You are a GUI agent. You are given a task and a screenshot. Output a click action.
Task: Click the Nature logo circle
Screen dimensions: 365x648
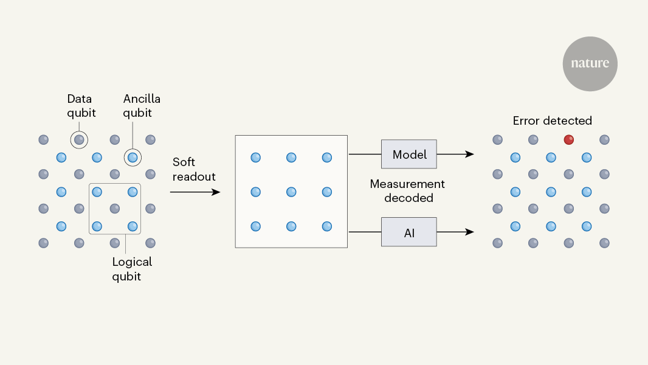click(590, 64)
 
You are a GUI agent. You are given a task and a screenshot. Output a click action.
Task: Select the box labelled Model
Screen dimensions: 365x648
click(408, 155)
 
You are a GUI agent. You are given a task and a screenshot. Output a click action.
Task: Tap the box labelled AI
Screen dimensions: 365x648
click(408, 232)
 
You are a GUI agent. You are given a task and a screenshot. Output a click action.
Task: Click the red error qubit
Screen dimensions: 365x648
click(569, 140)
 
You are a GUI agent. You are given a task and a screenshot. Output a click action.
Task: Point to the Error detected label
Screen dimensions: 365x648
click(552, 121)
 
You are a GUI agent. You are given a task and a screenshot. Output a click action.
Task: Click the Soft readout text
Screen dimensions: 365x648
click(193, 169)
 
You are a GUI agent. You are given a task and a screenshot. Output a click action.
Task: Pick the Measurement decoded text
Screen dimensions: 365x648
click(408, 190)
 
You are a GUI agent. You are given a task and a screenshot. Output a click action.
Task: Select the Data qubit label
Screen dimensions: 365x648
click(81, 105)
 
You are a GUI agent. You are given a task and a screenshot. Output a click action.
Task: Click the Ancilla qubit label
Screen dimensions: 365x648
click(142, 105)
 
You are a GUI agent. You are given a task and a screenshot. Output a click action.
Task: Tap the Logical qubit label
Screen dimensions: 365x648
click(132, 269)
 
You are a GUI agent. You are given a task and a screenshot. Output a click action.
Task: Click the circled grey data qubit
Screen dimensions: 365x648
click(79, 140)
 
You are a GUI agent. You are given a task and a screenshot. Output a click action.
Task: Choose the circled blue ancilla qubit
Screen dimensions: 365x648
click(133, 158)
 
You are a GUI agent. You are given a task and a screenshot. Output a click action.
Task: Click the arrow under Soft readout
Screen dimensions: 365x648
click(195, 192)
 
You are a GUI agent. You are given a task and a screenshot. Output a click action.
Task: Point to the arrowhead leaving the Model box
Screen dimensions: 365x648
click(469, 155)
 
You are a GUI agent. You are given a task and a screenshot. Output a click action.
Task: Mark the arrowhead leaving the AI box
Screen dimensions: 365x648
click(469, 232)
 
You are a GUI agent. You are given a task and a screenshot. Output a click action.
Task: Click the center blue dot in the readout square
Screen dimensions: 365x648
click(291, 192)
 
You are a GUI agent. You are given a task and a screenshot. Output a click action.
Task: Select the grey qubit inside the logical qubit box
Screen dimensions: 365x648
click(115, 209)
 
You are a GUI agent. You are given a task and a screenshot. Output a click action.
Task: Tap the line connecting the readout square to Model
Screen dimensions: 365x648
click(364, 155)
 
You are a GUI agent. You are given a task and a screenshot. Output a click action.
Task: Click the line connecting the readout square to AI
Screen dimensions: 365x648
click(364, 232)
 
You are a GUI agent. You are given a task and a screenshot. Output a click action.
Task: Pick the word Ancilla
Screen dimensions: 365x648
click(142, 99)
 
